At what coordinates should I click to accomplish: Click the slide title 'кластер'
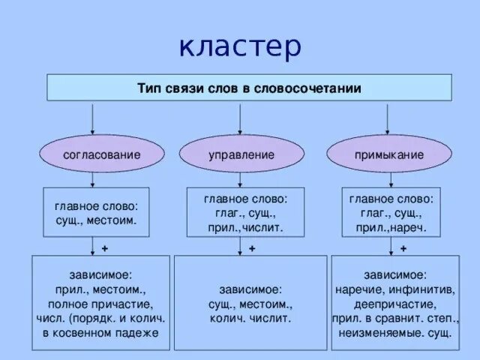[x=240, y=46]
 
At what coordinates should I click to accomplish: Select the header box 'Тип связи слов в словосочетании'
[x=249, y=88]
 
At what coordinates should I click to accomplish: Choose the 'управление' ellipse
[x=240, y=154]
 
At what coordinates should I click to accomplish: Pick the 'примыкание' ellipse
[x=388, y=154]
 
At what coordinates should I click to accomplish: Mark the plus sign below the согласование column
[x=104, y=248]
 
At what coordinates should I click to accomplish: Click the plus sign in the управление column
[x=253, y=248]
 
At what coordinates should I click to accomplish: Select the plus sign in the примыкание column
[x=403, y=248]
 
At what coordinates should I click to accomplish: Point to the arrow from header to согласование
[x=91, y=118]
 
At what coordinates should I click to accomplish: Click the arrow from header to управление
[x=240, y=118]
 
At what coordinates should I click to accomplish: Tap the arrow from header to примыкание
[x=388, y=118]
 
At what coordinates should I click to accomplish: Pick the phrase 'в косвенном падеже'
[x=100, y=332]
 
